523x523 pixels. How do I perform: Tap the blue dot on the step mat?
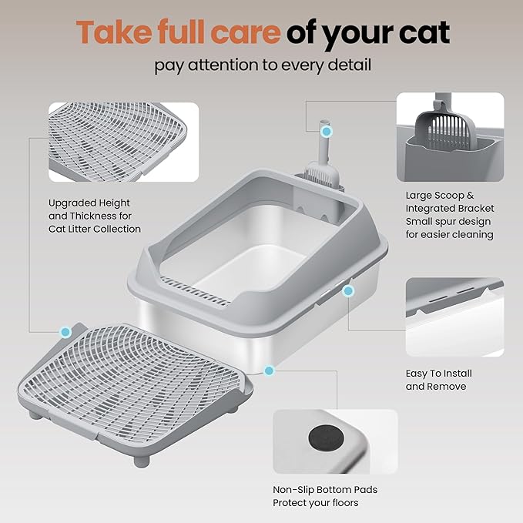65,332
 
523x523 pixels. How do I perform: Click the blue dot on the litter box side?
348,291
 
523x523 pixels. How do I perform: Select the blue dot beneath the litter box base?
269,370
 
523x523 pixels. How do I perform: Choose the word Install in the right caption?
454,374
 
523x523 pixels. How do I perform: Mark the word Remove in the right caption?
447,386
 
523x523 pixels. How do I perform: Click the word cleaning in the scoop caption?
471,235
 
